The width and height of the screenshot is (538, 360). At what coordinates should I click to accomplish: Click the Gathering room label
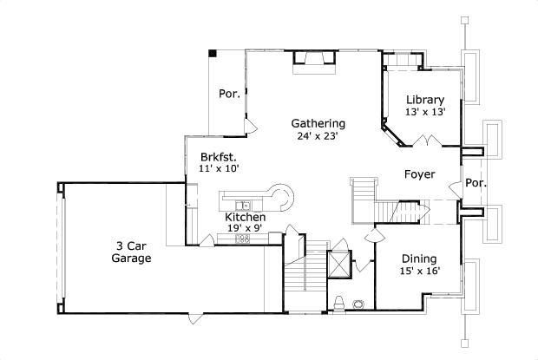tap(318, 123)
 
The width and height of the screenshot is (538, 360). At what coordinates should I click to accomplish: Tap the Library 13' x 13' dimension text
tap(425, 112)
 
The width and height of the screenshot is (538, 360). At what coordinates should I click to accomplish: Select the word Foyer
tap(420, 174)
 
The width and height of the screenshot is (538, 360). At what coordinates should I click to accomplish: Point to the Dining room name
tap(418, 259)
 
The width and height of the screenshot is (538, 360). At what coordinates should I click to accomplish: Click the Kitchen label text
tap(244, 217)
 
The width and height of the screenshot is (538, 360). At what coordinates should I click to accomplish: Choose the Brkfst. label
tap(218, 156)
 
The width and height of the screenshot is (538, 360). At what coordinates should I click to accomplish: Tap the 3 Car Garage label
tap(134, 252)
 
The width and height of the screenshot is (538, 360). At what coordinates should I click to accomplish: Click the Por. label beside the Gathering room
tap(229, 94)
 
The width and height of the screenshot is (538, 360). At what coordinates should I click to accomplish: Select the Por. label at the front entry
tap(476, 183)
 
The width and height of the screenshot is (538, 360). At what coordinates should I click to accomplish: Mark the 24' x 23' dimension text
tap(318, 135)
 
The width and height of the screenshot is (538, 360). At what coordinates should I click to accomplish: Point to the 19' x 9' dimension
tap(244, 228)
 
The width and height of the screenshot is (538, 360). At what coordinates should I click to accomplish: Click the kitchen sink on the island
tap(247, 205)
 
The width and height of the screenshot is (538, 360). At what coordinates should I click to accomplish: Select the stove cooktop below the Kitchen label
tap(244, 238)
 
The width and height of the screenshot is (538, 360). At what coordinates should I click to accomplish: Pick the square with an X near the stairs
tap(338, 263)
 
